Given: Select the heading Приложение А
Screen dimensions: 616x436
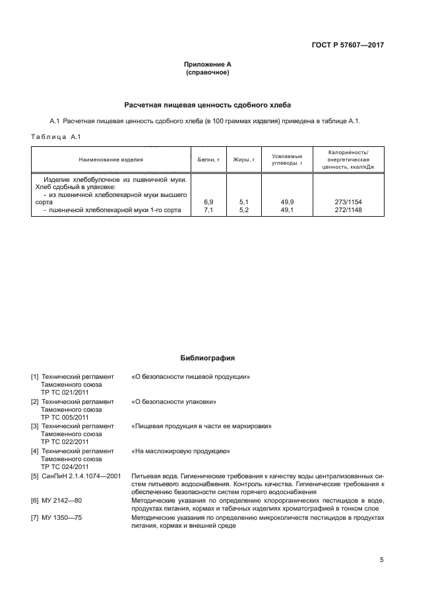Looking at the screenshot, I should (207, 65).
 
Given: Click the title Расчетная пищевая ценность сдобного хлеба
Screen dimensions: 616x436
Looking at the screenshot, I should (207, 105).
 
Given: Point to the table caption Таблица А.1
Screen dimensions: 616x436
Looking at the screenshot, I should (55, 136).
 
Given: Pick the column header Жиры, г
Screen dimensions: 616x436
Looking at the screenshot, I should (243, 159).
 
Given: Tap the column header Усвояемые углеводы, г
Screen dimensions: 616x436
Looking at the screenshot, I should (287, 159).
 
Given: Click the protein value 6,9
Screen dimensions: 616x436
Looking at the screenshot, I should (208, 202).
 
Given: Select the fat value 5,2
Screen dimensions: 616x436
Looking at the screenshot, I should (243, 210).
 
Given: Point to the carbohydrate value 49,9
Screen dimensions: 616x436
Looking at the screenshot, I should (287, 202).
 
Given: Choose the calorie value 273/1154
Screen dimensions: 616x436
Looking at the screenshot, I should (349, 202).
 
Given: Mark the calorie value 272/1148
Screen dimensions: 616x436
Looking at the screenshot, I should (349, 210).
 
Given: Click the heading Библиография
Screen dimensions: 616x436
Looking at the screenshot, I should (207, 358).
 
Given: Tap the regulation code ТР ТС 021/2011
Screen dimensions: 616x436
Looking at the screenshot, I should (65, 392).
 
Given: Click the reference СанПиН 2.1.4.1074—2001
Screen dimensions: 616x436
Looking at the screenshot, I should (76, 476).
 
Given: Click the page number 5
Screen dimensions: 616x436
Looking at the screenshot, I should (381, 560).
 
